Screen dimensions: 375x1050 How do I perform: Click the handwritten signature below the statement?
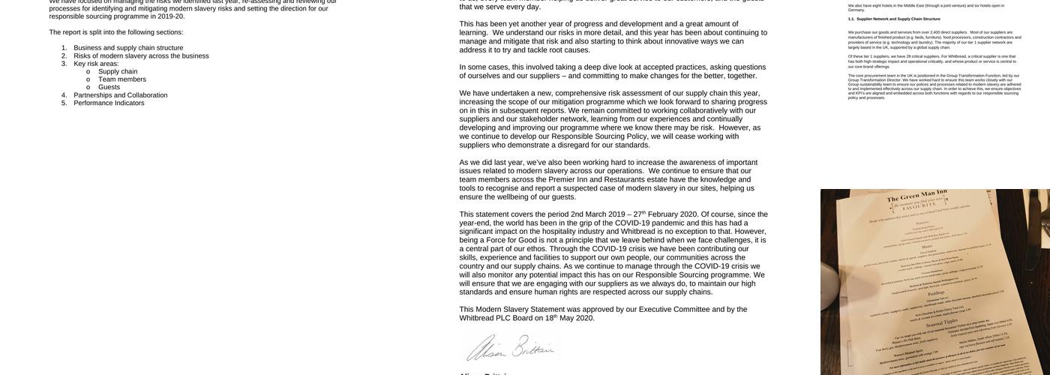(510, 348)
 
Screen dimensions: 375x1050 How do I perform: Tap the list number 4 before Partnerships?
(64, 95)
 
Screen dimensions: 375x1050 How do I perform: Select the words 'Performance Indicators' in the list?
(109, 103)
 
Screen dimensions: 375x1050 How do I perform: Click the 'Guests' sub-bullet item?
(109, 87)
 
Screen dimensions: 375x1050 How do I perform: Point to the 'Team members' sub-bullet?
(122, 79)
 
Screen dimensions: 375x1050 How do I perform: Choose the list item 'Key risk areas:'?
(96, 64)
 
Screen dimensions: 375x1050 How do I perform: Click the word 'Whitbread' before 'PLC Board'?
(477, 318)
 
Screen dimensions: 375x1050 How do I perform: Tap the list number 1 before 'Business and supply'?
(64, 48)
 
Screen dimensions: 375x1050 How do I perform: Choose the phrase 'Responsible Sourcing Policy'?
(600, 136)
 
